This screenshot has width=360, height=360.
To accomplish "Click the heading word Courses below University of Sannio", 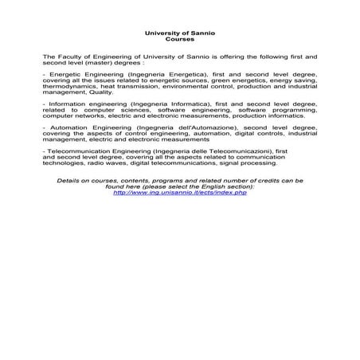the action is [180, 38].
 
